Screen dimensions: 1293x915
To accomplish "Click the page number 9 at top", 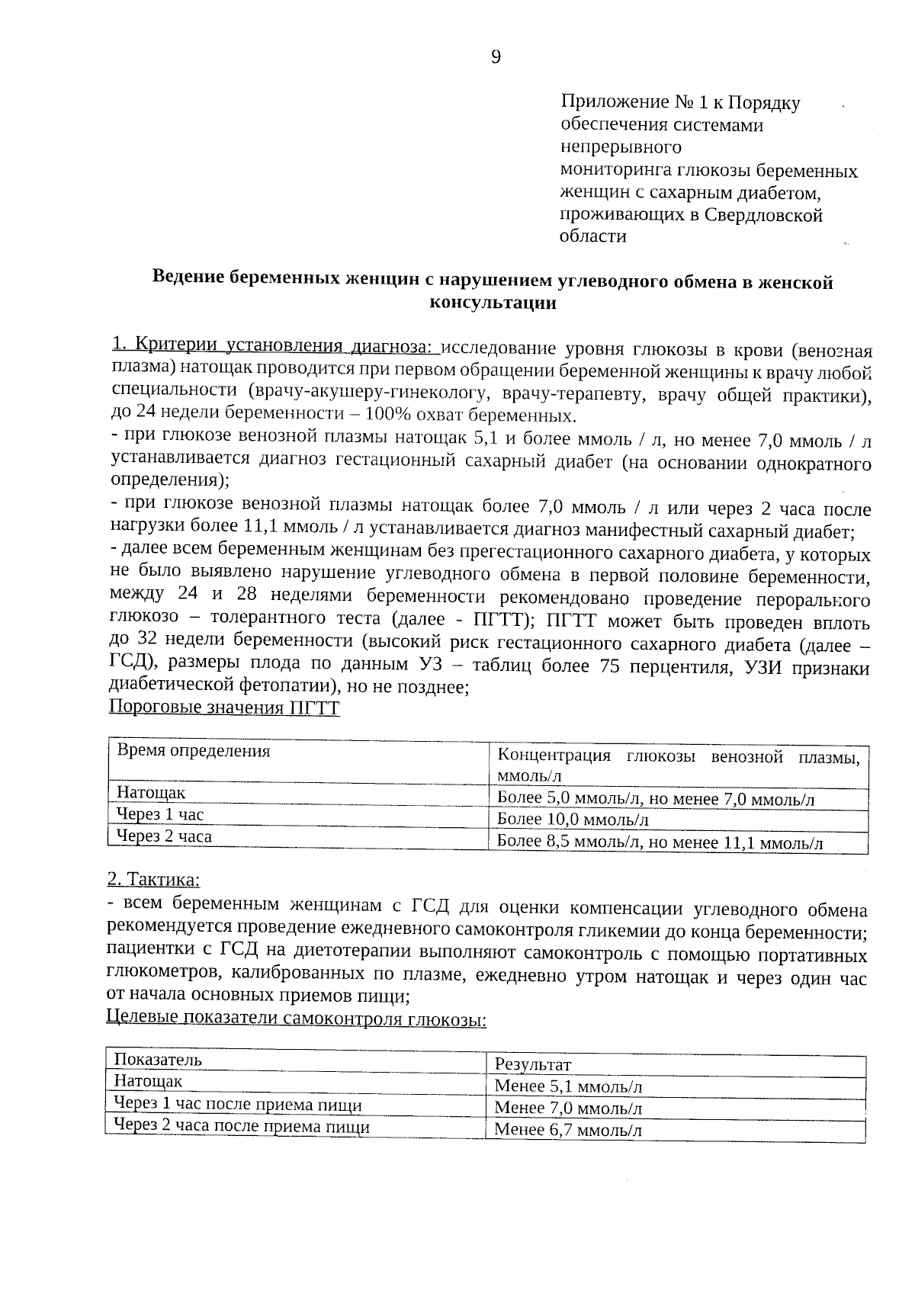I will click(x=496, y=58).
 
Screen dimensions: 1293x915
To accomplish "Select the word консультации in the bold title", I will click(x=493, y=303).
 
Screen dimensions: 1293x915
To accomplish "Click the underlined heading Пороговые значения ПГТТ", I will click(x=224, y=707).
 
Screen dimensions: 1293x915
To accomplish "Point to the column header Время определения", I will click(x=194, y=750).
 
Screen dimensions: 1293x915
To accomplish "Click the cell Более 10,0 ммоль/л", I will click(x=573, y=820).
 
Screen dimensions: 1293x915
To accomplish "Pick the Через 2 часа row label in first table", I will click(x=164, y=836).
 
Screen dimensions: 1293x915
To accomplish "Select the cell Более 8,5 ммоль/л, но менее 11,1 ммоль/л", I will click(x=660, y=842).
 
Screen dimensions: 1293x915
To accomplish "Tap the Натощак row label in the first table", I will click(x=151, y=793).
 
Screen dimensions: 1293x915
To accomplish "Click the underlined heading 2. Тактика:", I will click(x=153, y=879).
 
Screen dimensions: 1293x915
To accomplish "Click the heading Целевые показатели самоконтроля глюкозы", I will click(x=296, y=1018).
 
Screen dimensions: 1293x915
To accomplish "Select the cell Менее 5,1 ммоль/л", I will click(x=568, y=1086).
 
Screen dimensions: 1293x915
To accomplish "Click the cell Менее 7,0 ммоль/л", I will click(x=568, y=1108).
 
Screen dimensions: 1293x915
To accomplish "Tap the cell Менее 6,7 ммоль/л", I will click(x=568, y=1130).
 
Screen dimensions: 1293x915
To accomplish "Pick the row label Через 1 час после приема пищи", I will click(x=237, y=1105).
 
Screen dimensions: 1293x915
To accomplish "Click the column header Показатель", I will click(x=158, y=1059).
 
